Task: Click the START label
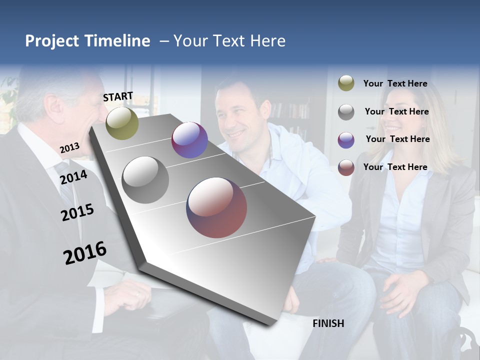click(x=118, y=96)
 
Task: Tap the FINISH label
click(x=328, y=323)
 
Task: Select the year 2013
click(x=69, y=147)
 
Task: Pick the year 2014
click(x=73, y=177)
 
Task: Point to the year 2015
click(x=77, y=212)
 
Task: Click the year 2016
click(x=85, y=253)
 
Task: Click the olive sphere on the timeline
click(x=122, y=123)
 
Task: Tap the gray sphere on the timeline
click(x=145, y=180)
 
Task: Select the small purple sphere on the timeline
click(x=189, y=140)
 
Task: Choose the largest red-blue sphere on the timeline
click(x=216, y=207)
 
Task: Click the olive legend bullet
click(x=346, y=83)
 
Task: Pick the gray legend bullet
click(x=346, y=111)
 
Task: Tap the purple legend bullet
click(x=346, y=139)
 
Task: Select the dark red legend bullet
click(x=346, y=167)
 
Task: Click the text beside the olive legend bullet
click(x=395, y=83)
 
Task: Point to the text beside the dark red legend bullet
click(x=395, y=167)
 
